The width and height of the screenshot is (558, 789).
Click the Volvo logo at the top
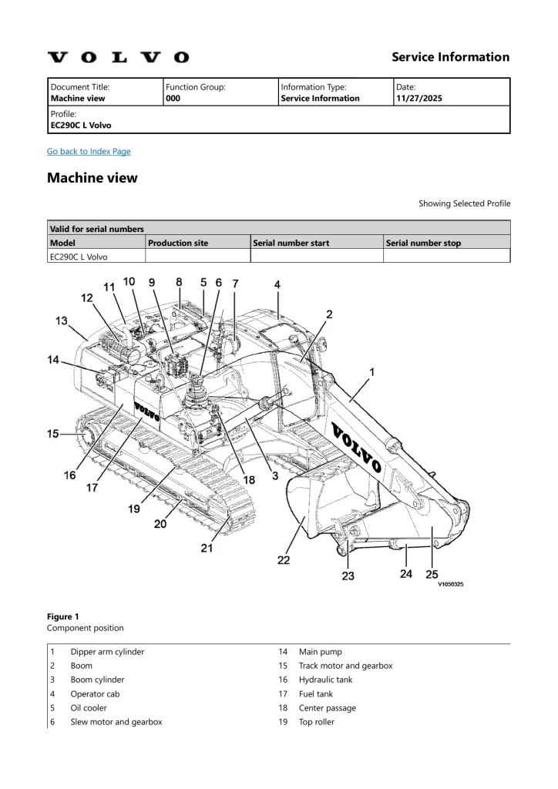[x=118, y=57]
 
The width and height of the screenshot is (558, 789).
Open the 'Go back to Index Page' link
[x=89, y=151]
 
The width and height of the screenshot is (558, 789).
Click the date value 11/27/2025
[x=418, y=99]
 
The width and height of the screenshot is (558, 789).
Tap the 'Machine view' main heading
[x=92, y=178]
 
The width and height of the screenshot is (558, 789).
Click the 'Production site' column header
[x=178, y=243]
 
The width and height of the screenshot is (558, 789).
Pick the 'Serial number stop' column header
[x=423, y=243]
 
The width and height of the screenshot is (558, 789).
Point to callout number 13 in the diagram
[x=61, y=321]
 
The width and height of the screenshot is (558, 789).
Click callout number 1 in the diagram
[x=372, y=372]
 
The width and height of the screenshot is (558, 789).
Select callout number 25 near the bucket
[x=432, y=573]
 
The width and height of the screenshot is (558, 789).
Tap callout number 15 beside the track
[x=53, y=434]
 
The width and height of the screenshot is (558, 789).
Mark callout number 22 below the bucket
[x=284, y=560]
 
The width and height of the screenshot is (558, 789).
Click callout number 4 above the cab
[x=277, y=284]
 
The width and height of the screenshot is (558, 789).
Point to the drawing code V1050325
[x=451, y=584]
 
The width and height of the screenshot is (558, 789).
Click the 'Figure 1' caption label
[x=63, y=616]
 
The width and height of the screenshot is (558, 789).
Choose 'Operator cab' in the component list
[x=96, y=693]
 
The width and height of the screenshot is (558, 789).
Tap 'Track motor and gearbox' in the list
[x=345, y=666]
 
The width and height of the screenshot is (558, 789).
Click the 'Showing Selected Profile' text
[x=464, y=203]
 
